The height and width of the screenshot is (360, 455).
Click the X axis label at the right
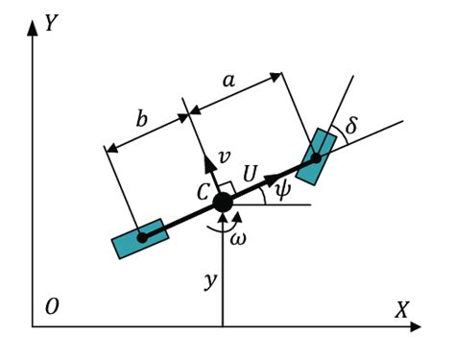(x=401, y=310)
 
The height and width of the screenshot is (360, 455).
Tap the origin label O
(x=52, y=307)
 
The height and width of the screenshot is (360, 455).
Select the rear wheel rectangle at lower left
(x=140, y=238)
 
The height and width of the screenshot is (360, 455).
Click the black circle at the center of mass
(x=223, y=203)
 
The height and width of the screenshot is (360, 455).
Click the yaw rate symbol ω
(x=238, y=238)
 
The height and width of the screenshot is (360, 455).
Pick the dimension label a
(x=228, y=82)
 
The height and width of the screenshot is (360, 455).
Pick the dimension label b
(x=142, y=120)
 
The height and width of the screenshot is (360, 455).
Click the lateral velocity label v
(x=224, y=156)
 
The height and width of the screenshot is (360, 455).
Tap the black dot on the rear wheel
(x=141, y=238)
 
